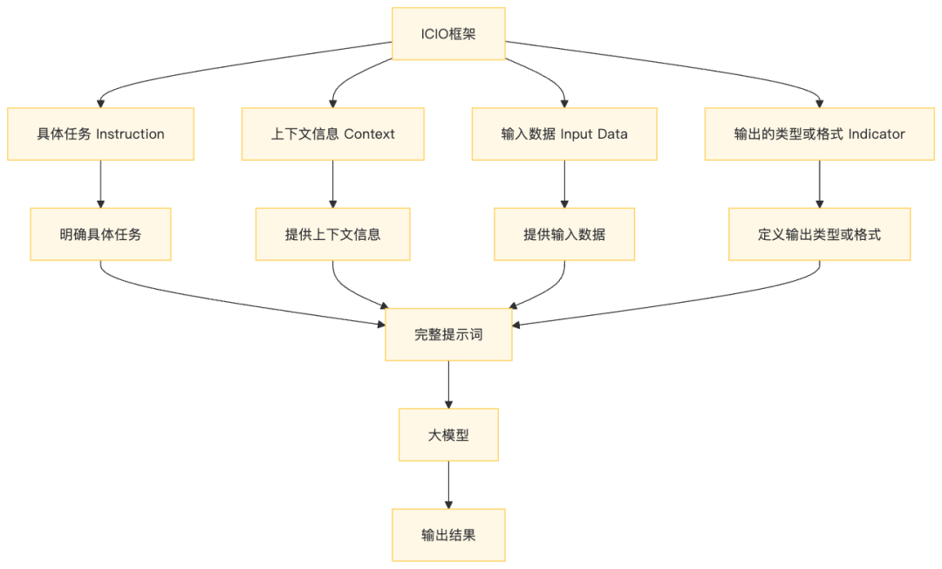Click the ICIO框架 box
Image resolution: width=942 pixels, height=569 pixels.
tap(448, 34)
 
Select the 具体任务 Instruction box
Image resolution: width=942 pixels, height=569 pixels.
tap(100, 134)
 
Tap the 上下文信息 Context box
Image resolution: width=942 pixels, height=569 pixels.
tap(332, 134)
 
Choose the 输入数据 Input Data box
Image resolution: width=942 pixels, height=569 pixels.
tap(564, 134)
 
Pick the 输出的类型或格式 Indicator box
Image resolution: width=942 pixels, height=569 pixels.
tap(819, 134)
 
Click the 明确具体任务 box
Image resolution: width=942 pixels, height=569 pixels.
tap(100, 234)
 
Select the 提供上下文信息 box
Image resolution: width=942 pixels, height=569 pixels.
tap(332, 234)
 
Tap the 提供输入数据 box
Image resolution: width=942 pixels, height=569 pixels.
tap(564, 234)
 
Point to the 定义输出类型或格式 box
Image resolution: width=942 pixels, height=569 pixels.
tap(819, 234)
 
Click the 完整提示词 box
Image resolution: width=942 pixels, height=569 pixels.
tap(448, 334)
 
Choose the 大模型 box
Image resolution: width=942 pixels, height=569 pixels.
tap(448, 435)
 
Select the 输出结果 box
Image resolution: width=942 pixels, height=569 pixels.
tap(448, 535)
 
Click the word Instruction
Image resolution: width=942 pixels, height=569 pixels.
tap(130, 134)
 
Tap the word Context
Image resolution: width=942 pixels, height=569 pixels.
tap(369, 134)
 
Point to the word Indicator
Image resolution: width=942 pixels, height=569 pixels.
tap(877, 134)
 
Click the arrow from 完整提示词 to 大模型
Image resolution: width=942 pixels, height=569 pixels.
tap(448, 384)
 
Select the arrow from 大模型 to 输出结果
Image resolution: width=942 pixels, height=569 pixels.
tap(448, 484)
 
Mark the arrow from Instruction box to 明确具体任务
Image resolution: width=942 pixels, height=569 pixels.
tap(100, 183)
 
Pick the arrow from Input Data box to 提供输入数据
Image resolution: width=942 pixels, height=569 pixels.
tap(564, 183)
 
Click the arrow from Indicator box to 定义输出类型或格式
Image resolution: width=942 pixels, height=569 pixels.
tap(819, 183)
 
